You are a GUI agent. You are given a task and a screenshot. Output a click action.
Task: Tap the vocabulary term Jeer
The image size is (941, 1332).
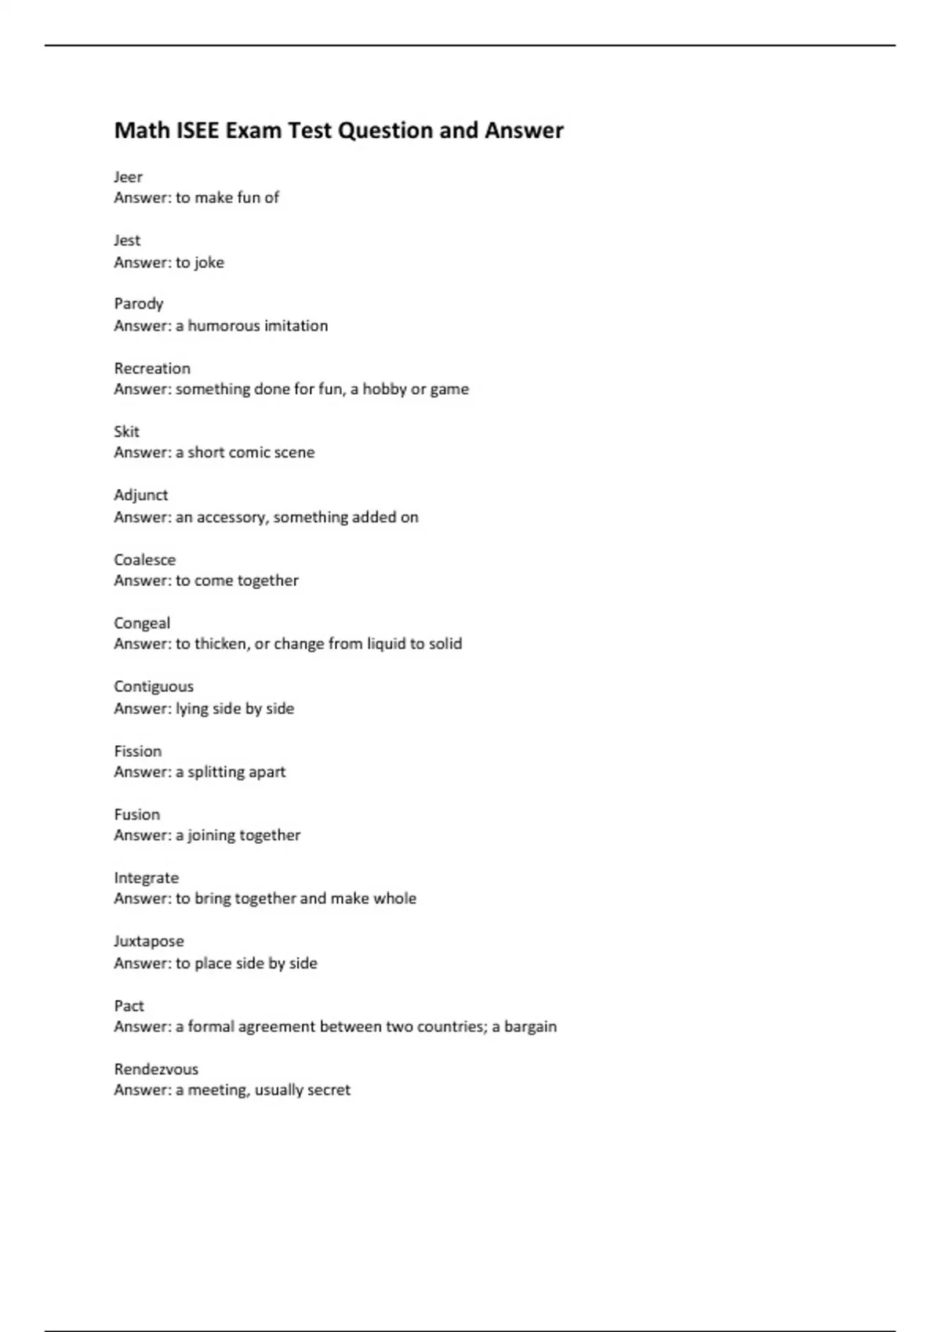[128, 177]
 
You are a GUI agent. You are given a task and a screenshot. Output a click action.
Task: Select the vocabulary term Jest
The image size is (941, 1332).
[127, 241]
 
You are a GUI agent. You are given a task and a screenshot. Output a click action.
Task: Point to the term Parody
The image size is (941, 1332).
[139, 304]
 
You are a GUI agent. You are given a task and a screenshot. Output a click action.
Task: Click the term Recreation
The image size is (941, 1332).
[152, 368]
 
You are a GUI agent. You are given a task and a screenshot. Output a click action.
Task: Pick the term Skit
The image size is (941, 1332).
[126, 432]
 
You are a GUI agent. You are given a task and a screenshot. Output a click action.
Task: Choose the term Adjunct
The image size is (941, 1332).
[141, 495]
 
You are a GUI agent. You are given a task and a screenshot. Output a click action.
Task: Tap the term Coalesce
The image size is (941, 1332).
[145, 559]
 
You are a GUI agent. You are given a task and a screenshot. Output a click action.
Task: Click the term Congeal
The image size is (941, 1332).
[142, 624]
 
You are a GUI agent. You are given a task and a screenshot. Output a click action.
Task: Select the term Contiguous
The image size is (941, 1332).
[154, 686]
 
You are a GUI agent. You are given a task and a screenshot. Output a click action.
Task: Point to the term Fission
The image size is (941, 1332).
[138, 751]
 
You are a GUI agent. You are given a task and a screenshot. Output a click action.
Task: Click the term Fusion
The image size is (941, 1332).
[137, 815]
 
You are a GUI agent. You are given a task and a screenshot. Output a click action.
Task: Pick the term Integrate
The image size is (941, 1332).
[147, 878]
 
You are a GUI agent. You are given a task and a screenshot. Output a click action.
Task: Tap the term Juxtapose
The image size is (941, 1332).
[149, 942]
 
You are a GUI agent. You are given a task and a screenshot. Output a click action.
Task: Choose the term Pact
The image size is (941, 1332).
[129, 1006]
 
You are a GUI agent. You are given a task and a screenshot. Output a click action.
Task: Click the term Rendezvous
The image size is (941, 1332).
[156, 1070]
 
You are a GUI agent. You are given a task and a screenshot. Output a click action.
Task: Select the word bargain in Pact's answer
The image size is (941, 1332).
[530, 1026]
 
